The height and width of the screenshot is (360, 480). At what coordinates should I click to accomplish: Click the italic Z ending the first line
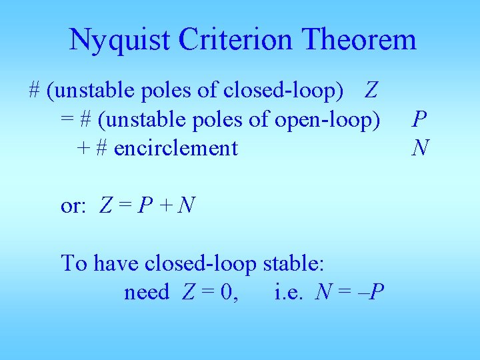point(372,89)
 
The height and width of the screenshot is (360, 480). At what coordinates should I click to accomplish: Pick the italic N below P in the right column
point(420,147)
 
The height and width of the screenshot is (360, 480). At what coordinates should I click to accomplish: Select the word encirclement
point(176,147)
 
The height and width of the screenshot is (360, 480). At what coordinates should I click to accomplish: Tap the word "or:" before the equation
point(73,206)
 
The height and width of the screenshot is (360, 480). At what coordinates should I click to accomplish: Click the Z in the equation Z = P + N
point(105,206)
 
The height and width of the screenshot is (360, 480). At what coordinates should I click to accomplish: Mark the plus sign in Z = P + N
point(165,206)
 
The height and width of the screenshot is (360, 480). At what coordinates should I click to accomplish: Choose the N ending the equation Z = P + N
point(187,206)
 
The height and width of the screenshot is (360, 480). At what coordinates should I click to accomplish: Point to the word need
point(146,292)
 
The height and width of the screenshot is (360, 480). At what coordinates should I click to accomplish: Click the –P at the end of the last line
point(372,292)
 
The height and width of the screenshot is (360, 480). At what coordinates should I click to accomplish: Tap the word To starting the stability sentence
point(74,263)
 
